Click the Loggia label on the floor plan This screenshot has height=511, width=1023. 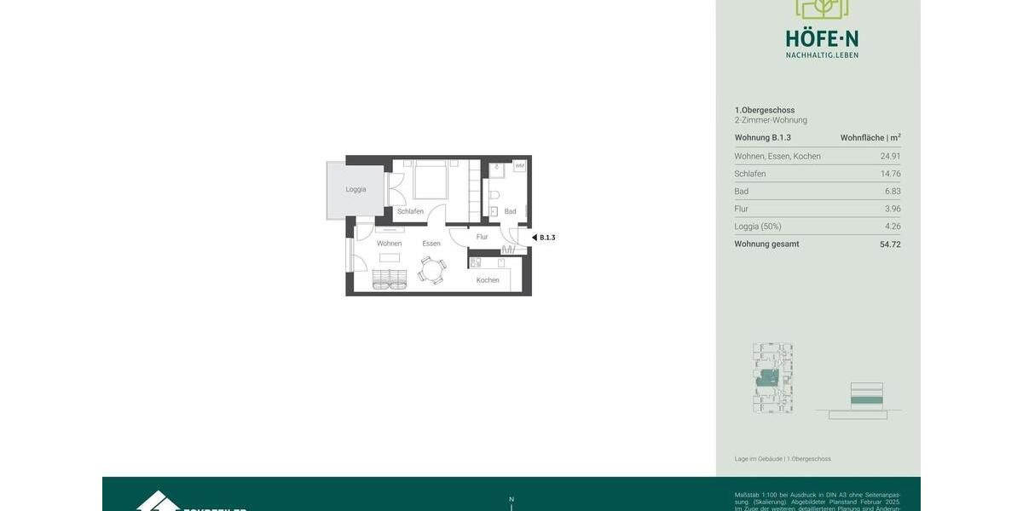click(x=355, y=189)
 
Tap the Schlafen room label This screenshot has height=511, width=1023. click(x=410, y=211)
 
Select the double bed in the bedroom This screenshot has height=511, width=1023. click(x=431, y=181)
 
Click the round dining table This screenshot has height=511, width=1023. click(x=432, y=270)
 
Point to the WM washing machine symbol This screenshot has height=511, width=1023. click(x=519, y=166)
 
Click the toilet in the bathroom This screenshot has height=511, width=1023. click(x=494, y=194)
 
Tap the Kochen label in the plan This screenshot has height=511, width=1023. click(x=488, y=280)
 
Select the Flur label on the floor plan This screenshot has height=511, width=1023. click(x=483, y=237)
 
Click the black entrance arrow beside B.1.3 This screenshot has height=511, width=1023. click(x=535, y=238)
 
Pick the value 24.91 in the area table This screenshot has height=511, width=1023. click(x=890, y=156)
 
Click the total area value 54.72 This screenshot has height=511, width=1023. click(x=890, y=244)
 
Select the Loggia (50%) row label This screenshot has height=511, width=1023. click(x=758, y=227)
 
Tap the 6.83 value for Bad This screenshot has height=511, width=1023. click(x=893, y=192)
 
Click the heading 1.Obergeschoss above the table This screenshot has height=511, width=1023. click(x=765, y=110)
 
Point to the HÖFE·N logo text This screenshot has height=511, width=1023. click(x=822, y=38)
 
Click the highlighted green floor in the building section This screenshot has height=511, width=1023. click(x=867, y=399)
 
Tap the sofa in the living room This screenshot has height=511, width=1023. click(x=390, y=278)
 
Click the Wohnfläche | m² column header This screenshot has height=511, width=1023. click(x=870, y=138)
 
